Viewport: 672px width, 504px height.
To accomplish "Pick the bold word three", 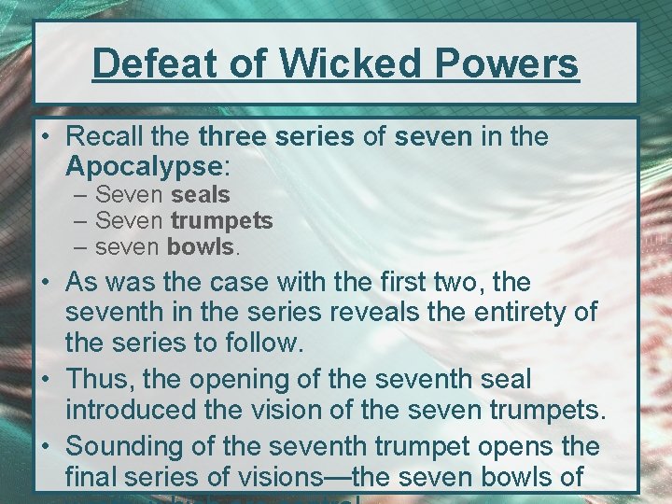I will click(x=234, y=137).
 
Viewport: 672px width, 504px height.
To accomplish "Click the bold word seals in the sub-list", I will click(x=200, y=195).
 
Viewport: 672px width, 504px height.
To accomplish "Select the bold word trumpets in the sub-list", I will click(x=220, y=221).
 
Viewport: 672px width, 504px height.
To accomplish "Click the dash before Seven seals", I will click(x=81, y=195).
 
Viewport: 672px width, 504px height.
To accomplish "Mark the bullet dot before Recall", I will click(x=46, y=137).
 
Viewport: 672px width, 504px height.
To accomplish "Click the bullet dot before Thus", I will click(x=46, y=381).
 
